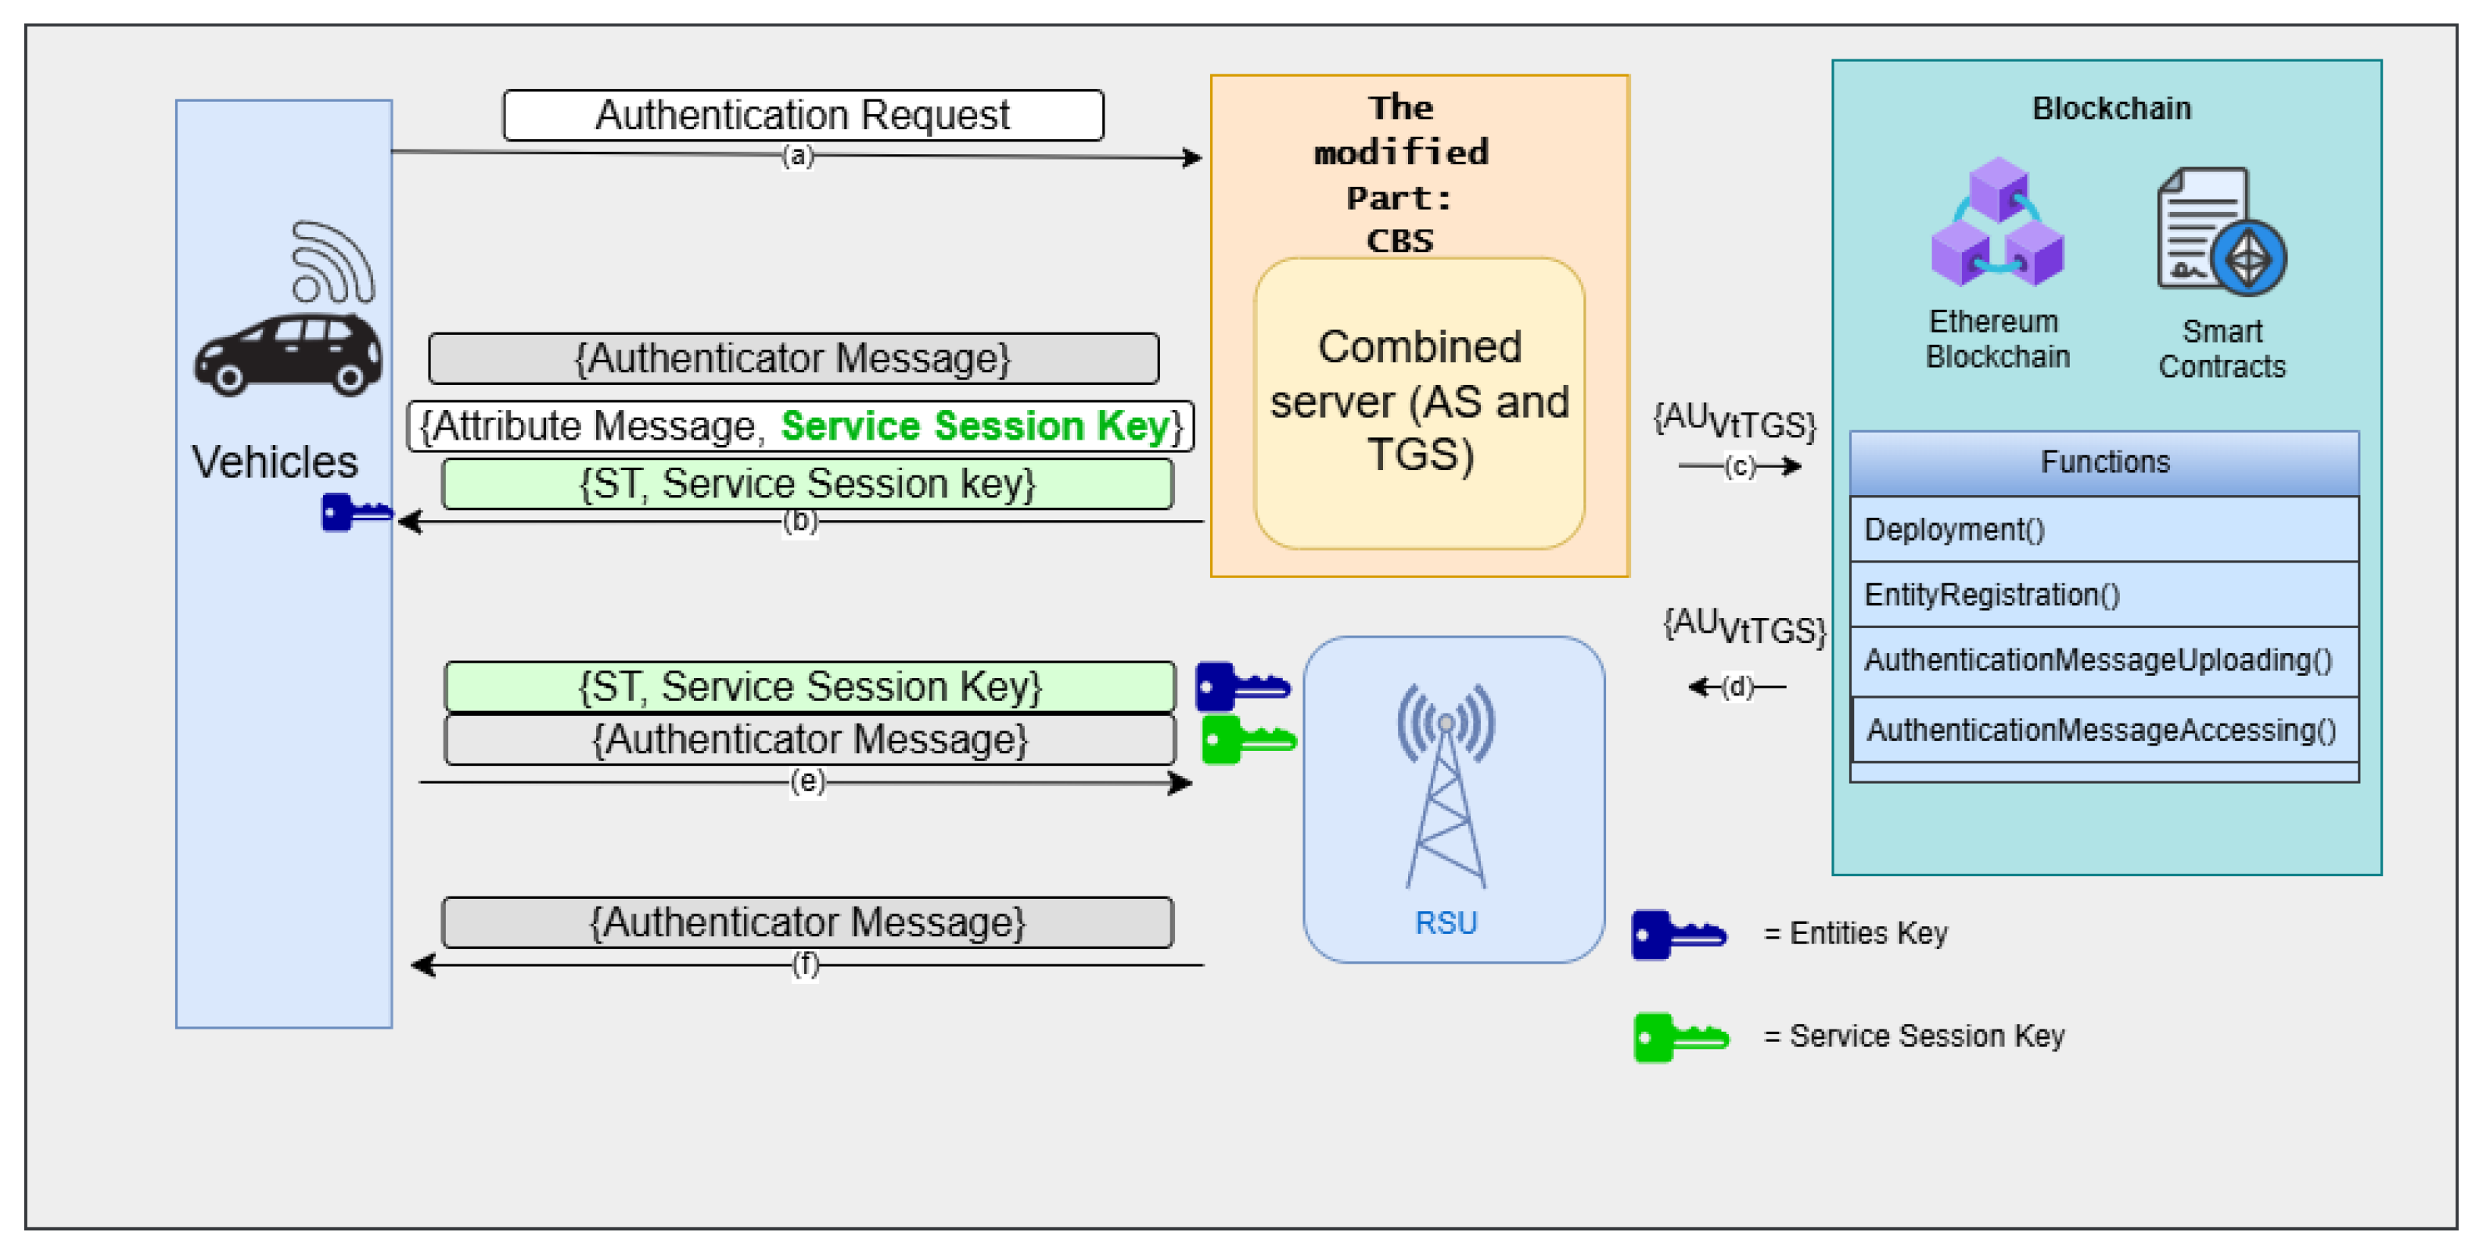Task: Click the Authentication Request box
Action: (x=803, y=116)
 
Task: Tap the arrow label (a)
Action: (x=797, y=156)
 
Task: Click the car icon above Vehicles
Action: (x=287, y=354)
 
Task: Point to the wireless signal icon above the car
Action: (x=331, y=262)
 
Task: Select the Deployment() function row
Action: (x=2104, y=530)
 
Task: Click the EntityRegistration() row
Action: (x=2104, y=594)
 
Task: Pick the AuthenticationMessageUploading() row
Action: (x=2104, y=660)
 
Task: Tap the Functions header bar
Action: (x=2104, y=463)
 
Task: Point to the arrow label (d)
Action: (x=1737, y=686)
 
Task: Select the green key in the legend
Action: (x=1680, y=1037)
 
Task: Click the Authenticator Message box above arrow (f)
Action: (x=807, y=922)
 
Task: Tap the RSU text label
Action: (x=1445, y=923)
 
